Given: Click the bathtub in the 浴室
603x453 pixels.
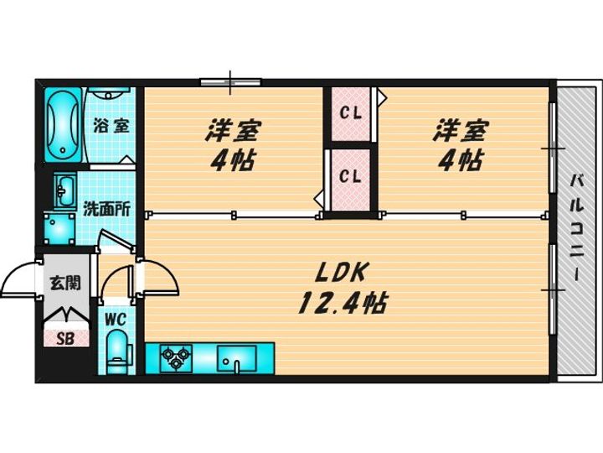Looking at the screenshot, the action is coord(63,125).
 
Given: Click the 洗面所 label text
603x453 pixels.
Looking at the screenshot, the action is coord(107,209).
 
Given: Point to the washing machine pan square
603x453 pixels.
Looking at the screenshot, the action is coord(59,228).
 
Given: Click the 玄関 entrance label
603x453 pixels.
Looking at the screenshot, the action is coord(65,284).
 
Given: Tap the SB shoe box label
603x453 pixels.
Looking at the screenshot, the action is coord(65,339).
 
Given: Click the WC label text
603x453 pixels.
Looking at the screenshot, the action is coord(116,320).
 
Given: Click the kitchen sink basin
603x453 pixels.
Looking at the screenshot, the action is coord(236,359).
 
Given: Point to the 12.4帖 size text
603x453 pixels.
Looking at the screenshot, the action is coord(343,303).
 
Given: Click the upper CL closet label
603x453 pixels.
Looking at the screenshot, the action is coord(351,113).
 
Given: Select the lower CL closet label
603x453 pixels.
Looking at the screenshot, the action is coord(351,176).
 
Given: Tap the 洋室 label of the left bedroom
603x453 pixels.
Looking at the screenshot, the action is coord(233,131).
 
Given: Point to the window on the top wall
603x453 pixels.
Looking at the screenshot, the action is coord(231,81).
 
